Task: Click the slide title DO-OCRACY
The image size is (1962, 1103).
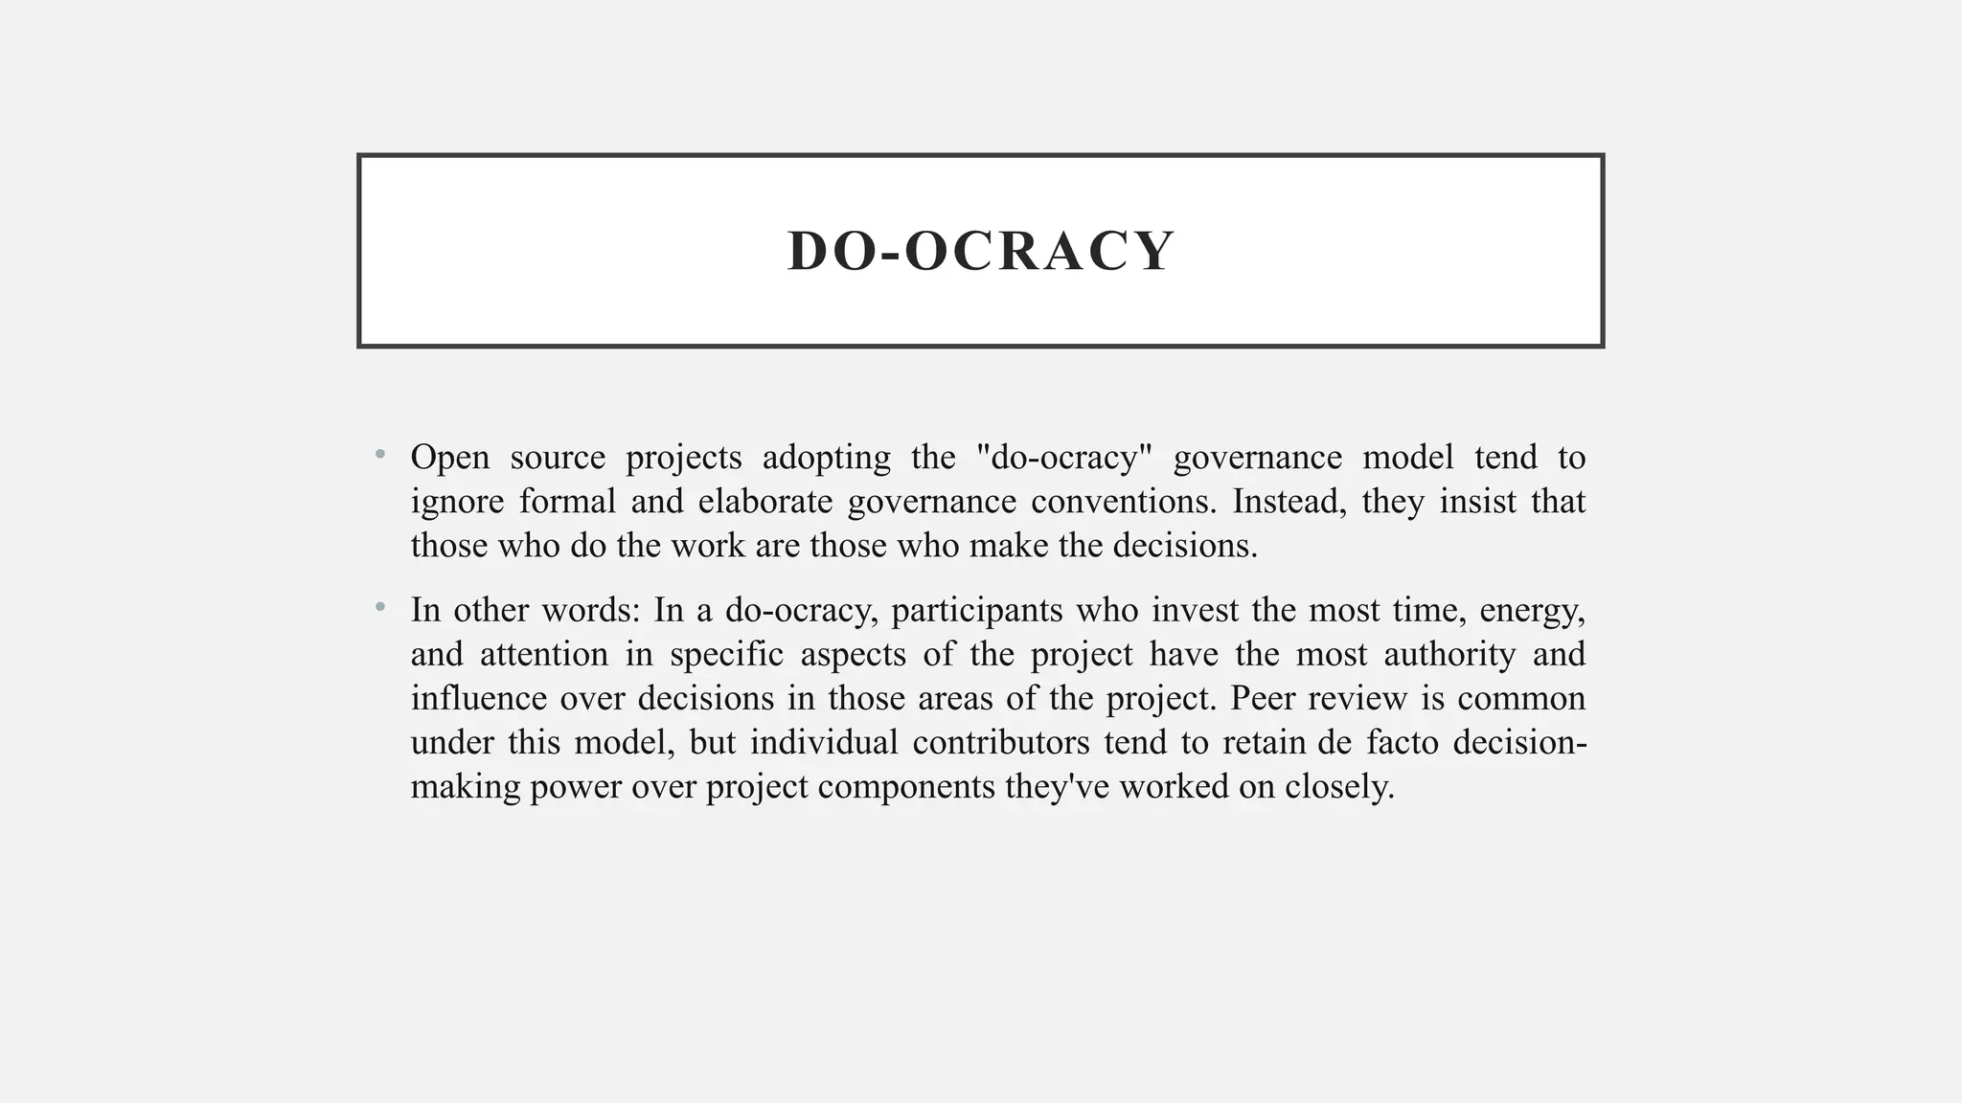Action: click(980, 251)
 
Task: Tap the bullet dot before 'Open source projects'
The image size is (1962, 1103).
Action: click(380, 454)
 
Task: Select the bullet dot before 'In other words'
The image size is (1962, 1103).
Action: click(380, 606)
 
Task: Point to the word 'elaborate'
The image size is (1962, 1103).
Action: click(765, 502)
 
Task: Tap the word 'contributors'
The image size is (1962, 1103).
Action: click(1000, 743)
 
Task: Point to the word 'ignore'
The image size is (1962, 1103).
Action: click(457, 502)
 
